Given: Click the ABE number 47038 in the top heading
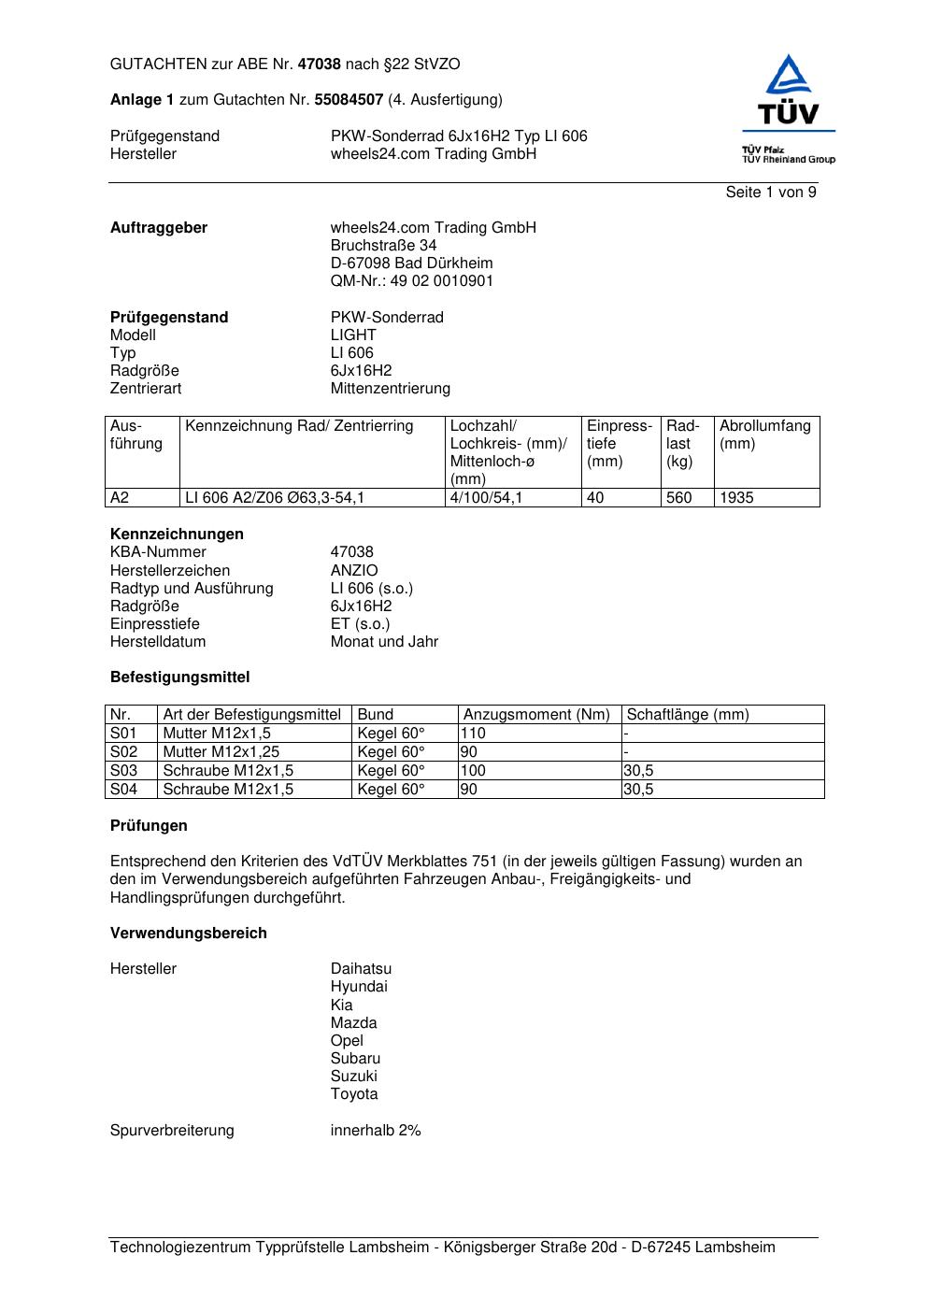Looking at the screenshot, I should tap(319, 64).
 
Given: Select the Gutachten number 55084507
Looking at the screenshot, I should tap(349, 100).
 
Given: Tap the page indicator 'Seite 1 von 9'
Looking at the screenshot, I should tap(771, 193).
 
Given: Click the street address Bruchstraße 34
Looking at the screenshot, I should tap(383, 246).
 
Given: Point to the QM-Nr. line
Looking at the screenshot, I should tap(411, 281).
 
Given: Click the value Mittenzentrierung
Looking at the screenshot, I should tap(390, 389).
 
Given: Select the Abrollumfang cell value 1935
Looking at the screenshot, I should tap(736, 498).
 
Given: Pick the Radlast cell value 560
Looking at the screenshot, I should tap(678, 498).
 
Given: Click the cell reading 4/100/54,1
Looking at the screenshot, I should tap(486, 498).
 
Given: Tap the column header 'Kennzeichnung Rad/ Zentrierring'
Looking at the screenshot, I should tap(299, 426).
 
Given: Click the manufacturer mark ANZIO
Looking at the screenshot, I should tap(354, 570).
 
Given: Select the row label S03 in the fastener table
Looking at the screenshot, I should tap(123, 771).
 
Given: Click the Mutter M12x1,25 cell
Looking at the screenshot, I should tap(221, 752).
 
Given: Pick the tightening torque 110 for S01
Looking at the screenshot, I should tap(473, 734).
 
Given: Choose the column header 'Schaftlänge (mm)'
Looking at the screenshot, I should tap(688, 715).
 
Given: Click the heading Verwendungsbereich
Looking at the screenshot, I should tap(188, 934).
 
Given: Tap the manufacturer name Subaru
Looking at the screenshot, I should tap(355, 1059).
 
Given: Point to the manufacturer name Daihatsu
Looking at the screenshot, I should tap(361, 969).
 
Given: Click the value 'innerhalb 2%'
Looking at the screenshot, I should tap(376, 1131).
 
